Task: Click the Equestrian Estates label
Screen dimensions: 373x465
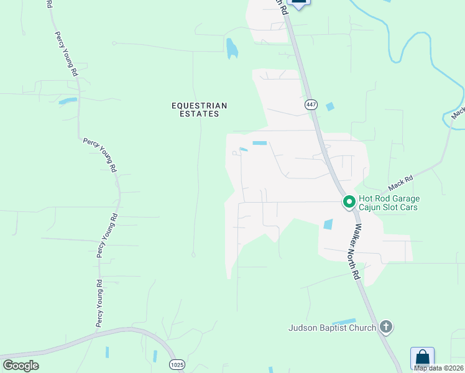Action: click(x=200, y=110)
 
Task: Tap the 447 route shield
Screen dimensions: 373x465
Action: click(x=310, y=105)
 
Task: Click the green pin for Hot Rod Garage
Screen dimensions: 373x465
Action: click(x=349, y=202)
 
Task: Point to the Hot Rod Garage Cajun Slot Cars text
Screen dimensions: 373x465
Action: click(x=389, y=203)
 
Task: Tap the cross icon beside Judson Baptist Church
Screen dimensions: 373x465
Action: click(x=386, y=327)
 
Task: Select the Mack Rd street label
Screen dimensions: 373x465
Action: click(x=400, y=183)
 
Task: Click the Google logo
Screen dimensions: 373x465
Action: click(x=21, y=366)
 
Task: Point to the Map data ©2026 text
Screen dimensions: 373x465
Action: click(x=439, y=368)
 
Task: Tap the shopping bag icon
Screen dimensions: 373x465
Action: click(x=422, y=358)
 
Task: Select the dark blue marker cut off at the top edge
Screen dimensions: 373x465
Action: click(x=299, y=2)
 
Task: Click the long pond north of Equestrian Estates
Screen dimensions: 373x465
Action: click(x=232, y=48)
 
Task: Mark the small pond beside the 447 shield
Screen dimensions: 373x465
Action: click(x=329, y=106)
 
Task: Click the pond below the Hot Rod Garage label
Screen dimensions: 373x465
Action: click(x=328, y=224)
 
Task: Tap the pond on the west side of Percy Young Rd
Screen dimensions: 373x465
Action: click(x=68, y=101)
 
